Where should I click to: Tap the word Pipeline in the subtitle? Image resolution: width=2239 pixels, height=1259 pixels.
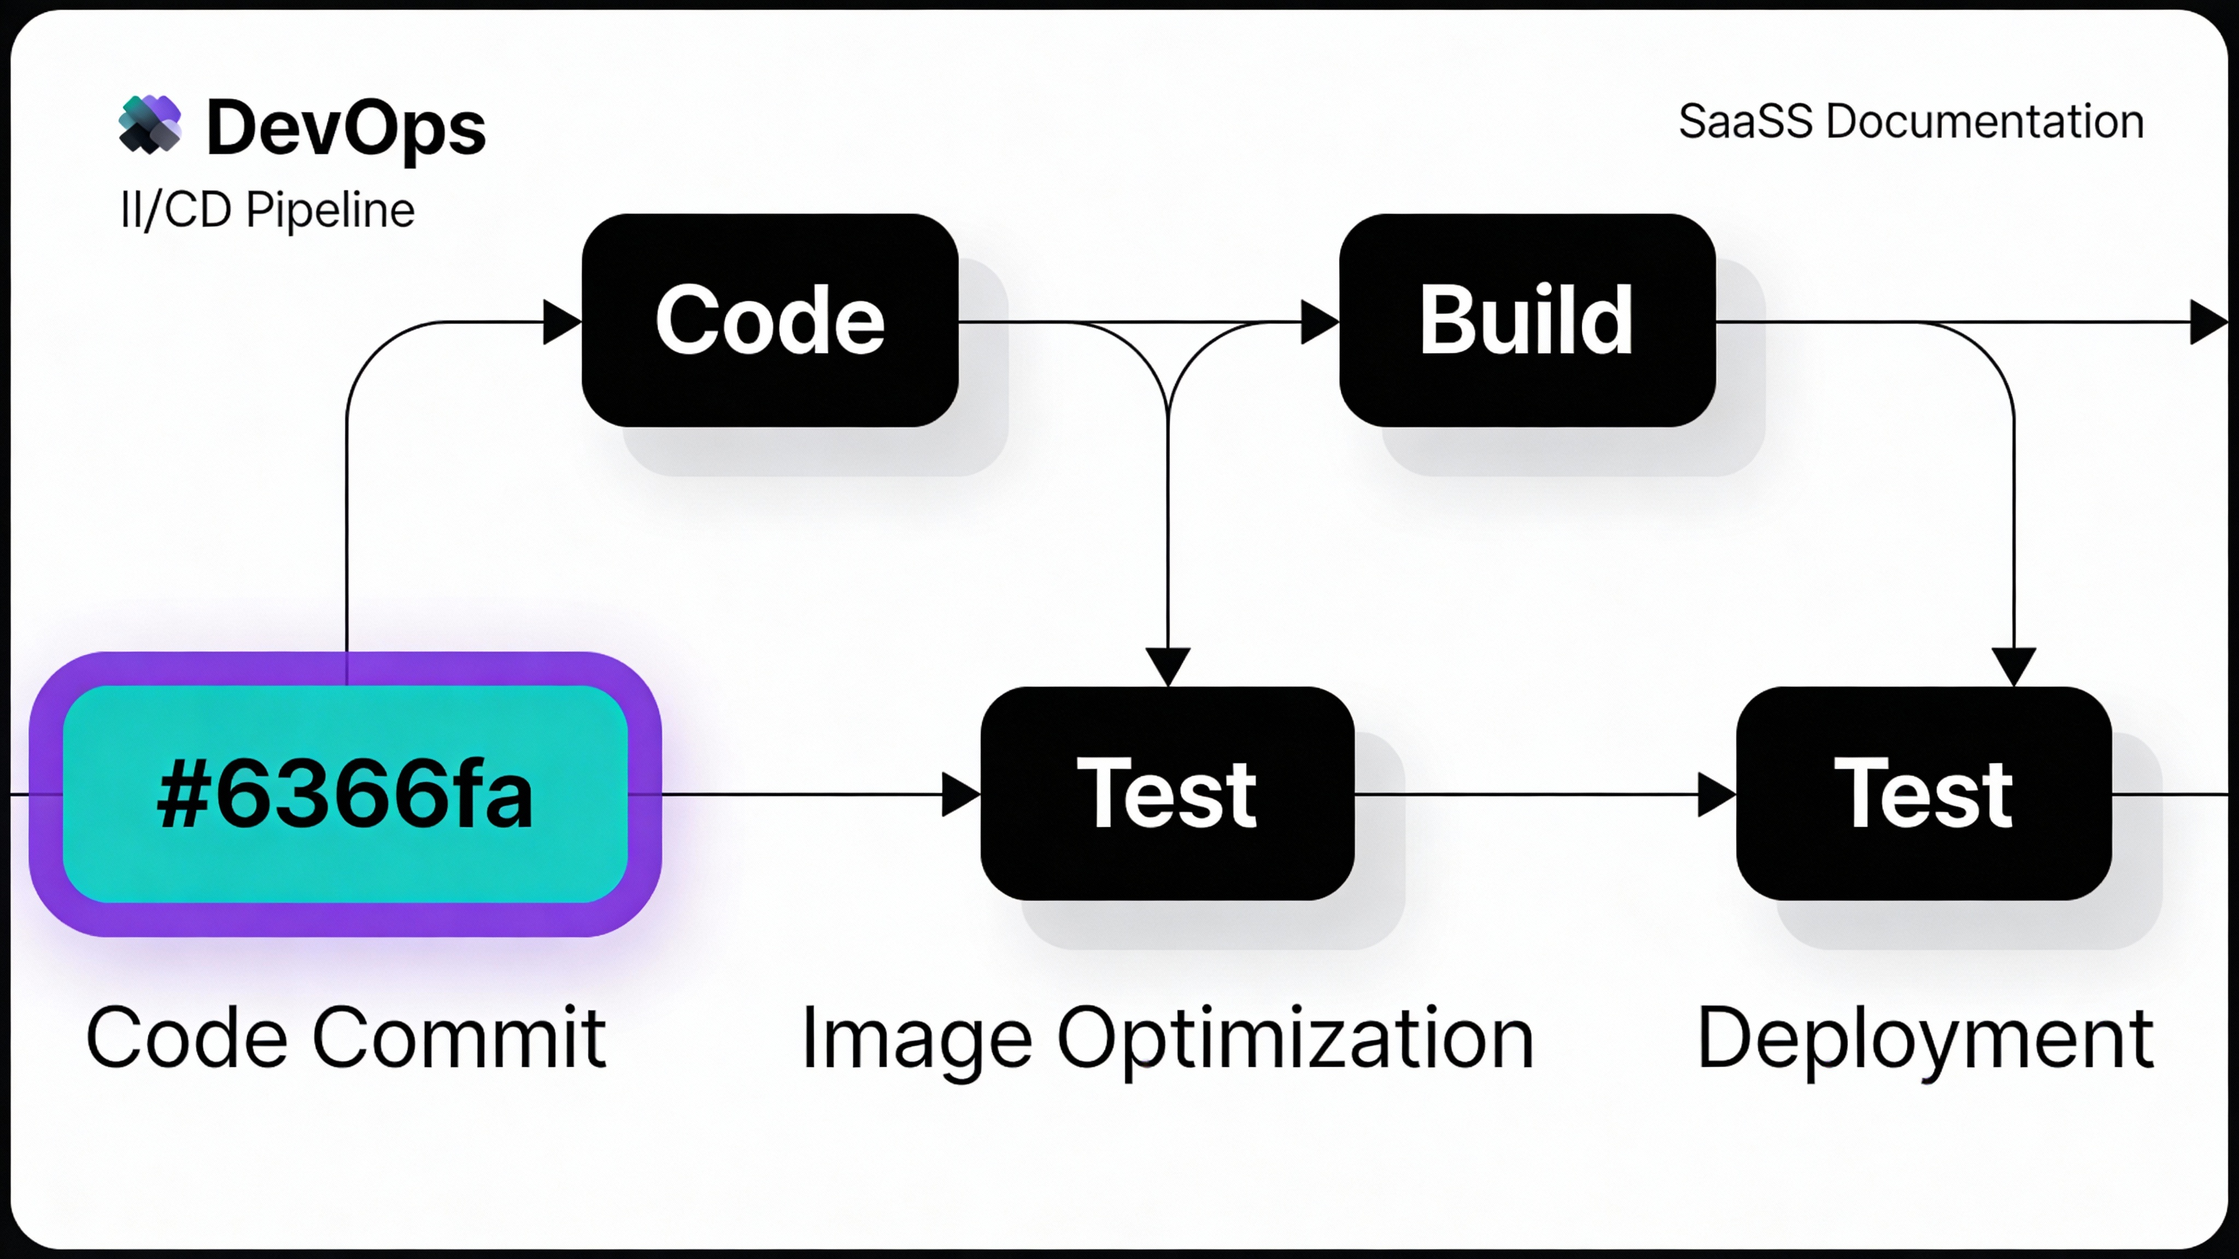(x=330, y=210)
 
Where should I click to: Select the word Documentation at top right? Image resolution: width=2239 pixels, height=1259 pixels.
(x=1984, y=122)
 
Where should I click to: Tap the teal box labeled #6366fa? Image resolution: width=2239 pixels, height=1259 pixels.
(x=345, y=794)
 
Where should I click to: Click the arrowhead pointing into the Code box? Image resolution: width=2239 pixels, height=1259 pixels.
(x=561, y=322)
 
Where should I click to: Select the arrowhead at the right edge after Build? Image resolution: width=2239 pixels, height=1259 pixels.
(x=2208, y=322)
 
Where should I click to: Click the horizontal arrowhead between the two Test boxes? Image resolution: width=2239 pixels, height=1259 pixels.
(x=1716, y=794)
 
